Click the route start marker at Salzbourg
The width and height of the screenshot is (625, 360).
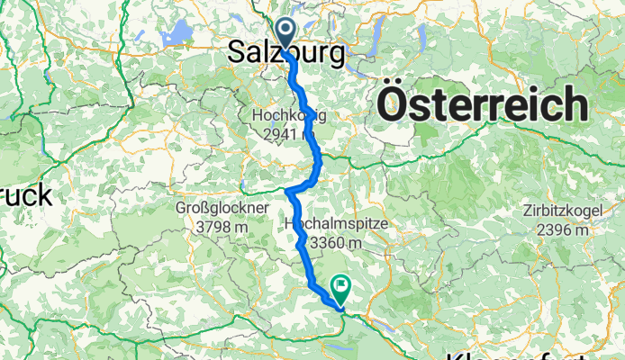(286, 32)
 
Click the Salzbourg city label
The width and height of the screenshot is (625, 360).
(285, 54)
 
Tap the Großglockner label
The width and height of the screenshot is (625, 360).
(222, 208)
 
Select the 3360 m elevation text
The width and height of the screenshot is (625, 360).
(335, 241)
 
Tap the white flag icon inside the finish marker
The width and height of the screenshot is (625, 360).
(342, 287)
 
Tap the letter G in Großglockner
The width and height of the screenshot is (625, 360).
(181, 208)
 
